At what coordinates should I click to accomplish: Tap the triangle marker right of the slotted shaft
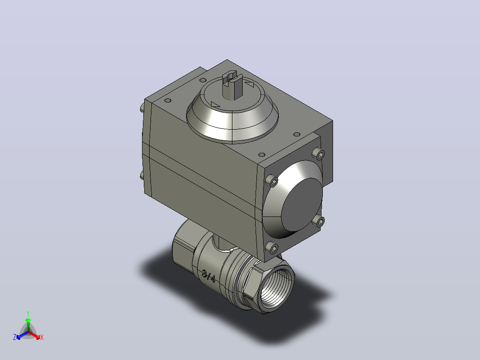(250, 84)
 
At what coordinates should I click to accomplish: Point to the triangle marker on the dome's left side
(215, 105)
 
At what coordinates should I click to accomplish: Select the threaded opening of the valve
(277, 287)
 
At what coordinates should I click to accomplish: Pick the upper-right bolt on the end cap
(319, 154)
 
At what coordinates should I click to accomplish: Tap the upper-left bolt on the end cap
(272, 181)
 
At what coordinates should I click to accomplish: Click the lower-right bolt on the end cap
(319, 221)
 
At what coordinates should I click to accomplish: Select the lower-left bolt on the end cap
(272, 248)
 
